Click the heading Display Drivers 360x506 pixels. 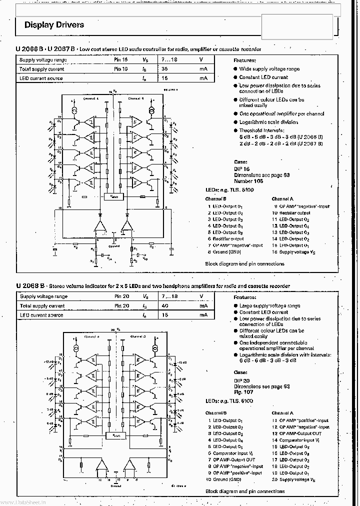point(54,25)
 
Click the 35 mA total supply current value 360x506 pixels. point(164,69)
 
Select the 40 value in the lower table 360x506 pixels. point(164,305)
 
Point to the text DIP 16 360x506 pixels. point(241,169)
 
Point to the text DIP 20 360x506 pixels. point(241,380)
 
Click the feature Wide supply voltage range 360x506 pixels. point(269,69)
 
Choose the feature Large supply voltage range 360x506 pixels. point(269,305)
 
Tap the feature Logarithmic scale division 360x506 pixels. point(268,122)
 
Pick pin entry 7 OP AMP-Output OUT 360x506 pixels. point(231,459)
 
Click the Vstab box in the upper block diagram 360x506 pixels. point(113,197)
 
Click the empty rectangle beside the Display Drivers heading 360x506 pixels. point(296,27)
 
